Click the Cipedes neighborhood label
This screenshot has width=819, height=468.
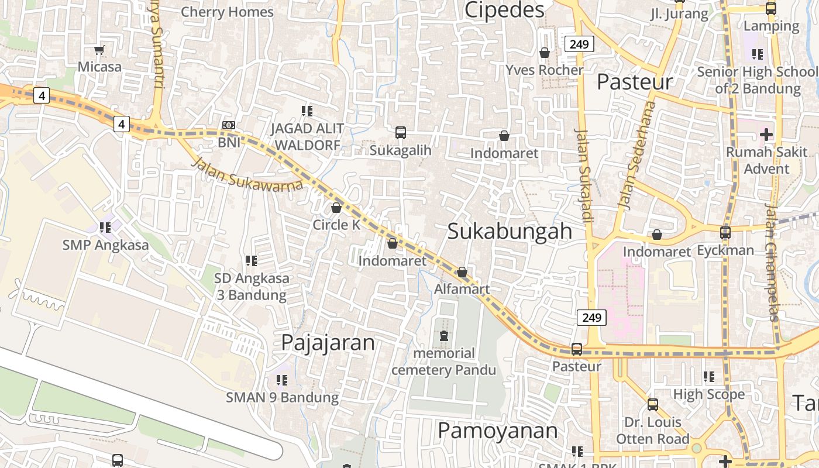[504, 10]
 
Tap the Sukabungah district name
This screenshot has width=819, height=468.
[510, 231]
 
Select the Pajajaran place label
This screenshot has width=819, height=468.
[328, 343]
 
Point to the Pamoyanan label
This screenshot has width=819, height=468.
[497, 431]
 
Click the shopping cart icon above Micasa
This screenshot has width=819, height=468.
[99, 50]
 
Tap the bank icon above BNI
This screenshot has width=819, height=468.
[229, 125]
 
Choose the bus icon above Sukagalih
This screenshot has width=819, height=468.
[401, 133]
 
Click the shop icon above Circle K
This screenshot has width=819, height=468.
[336, 208]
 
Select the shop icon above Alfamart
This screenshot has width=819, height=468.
[462, 272]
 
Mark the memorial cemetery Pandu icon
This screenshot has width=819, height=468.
[443, 336]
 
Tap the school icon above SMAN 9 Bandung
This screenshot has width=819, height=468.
[282, 380]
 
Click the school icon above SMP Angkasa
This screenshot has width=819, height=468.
[105, 227]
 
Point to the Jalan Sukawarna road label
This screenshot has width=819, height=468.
[248, 174]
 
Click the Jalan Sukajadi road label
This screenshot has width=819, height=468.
[584, 175]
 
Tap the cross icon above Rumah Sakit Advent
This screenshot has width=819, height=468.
[766, 135]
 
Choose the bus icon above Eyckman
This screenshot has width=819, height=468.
[725, 233]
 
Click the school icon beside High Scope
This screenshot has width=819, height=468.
[709, 377]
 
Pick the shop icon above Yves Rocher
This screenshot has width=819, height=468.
[545, 53]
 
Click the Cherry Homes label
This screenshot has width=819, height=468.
[227, 12]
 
